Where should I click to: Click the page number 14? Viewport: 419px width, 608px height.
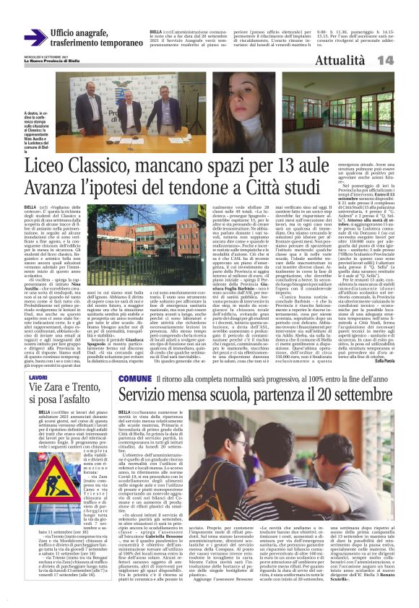tap(405, 61)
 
